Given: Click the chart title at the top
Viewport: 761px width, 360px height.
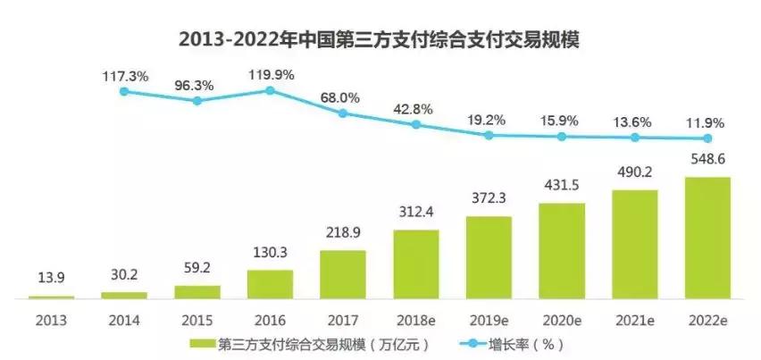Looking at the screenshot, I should coord(380,40).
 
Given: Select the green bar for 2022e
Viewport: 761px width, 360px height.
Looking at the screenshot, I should coord(707,237).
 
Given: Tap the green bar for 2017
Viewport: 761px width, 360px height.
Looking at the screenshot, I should coord(343,273).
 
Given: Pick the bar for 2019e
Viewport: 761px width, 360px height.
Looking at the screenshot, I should coord(489,256).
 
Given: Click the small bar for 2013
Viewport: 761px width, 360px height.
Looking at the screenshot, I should coord(51,296).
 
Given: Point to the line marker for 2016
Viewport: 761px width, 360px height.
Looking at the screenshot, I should coord(270,90).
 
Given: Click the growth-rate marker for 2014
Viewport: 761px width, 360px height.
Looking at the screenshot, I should coord(124,91).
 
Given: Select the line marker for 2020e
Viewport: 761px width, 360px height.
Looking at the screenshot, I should coord(562,137).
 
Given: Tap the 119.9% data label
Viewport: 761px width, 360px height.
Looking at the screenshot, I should coord(270,74).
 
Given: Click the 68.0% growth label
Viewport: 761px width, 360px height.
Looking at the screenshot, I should coord(343,96).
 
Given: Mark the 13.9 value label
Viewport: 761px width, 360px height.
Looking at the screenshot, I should coord(51,280).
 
